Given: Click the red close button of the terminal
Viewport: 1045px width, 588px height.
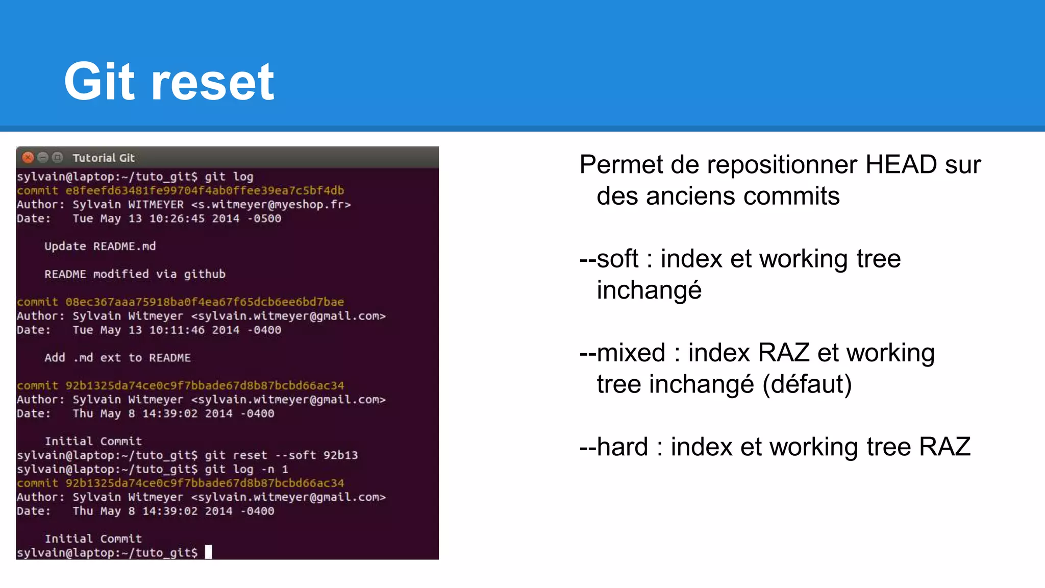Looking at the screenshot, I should coord(28,158).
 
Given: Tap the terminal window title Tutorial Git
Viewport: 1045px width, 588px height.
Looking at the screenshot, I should coord(104,158).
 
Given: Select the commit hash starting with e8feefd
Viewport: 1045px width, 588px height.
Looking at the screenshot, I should coord(205,191).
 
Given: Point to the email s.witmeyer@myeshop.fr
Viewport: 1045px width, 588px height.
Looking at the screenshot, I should coord(271,205).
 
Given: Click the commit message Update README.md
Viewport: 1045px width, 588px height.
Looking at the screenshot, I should coord(100,247).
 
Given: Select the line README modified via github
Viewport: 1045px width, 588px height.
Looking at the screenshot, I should coord(135,274).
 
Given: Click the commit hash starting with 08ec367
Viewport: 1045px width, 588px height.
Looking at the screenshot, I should coord(205,302).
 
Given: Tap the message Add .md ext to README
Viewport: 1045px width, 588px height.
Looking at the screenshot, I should coord(117,358).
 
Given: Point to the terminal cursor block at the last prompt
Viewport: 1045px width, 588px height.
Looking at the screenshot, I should coord(208,552).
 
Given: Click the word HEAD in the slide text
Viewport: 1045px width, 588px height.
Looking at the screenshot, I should coord(901,165).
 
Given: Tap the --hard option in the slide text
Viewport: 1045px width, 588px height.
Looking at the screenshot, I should coord(614,447).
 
